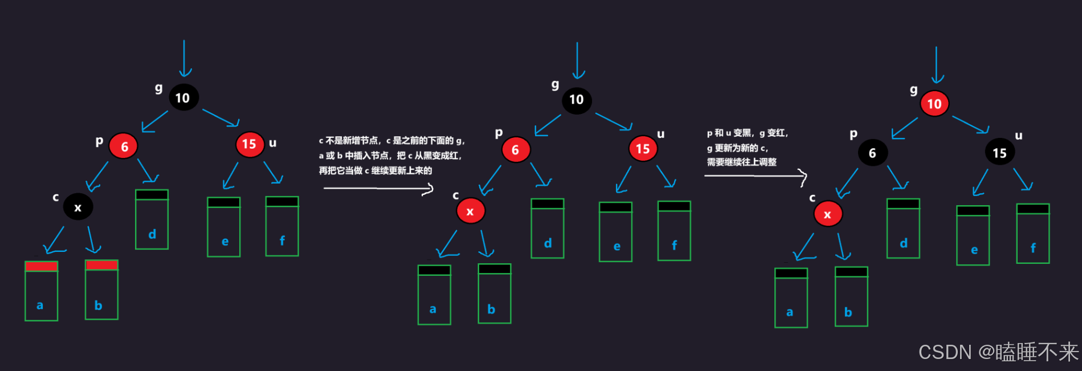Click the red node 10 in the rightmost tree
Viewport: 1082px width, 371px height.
[x=934, y=104]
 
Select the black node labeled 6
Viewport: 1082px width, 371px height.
[x=872, y=153]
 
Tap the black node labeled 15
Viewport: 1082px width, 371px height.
[x=999, y=153]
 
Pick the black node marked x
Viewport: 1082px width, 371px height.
[x=78, y=207]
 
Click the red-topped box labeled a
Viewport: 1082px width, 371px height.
[x=41, y=291]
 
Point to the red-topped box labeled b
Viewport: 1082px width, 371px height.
[x=101, y=290]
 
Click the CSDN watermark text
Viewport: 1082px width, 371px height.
[x=998, y=352]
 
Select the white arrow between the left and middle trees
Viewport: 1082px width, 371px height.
[x=378, y=188]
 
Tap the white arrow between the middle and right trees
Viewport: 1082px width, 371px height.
[x=756, y=176]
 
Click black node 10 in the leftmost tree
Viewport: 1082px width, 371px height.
[x=183, y=97]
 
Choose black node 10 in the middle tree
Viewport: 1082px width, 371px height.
[x=577, y=100]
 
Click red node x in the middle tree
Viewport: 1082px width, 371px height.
[x=470, y=211]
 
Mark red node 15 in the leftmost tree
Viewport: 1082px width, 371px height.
[x=250, y=144]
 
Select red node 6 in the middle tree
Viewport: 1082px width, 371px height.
[x=516, y=150]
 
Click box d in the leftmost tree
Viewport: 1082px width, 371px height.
[x=152, y=219]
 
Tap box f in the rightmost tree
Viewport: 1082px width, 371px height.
[x=1032, y=234]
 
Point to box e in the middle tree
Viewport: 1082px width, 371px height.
[x=615, y=232]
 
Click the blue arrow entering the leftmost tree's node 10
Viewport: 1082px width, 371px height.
[x=184, y=58]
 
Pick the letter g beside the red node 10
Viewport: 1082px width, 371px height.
[x=913, y=90]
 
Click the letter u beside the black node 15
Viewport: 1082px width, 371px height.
[x=1018, y=136]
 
